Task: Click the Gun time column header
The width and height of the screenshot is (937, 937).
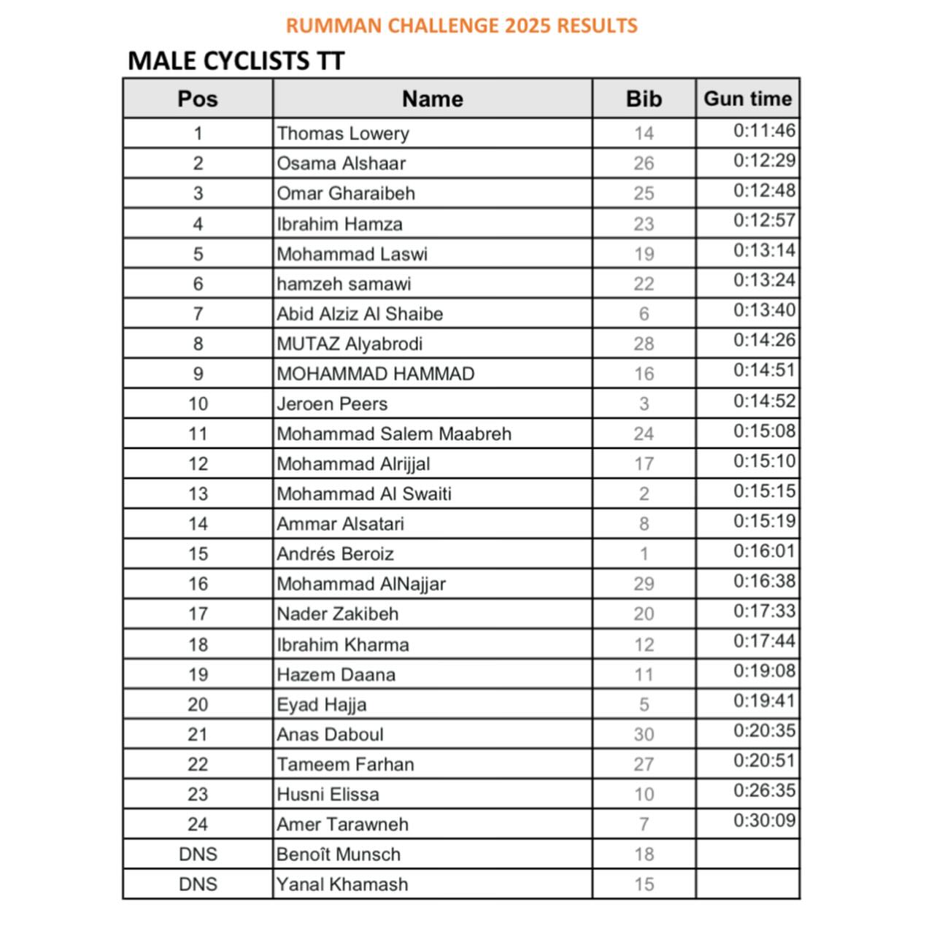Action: [x=747, y=99]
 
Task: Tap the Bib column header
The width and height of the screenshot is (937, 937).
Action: [x=644, y=99]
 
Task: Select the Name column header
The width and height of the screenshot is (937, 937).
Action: [x=432, y=99]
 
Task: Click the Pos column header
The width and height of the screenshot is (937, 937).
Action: [x=198, y=99]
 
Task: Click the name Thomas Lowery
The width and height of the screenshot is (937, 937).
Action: [x=343, y=134]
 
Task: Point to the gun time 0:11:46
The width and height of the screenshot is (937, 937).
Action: [x=764, y=131]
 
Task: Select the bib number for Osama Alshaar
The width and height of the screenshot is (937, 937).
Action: [x=644, y=163]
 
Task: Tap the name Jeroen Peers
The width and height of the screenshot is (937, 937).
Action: [x=332, y=404]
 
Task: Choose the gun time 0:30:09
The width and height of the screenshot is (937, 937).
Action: [x=764, y=820]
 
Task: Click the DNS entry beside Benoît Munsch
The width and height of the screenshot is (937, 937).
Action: [x=198, y=854]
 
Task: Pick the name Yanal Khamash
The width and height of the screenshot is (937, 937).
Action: [x=342, y=884]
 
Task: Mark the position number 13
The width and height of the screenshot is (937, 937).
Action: [x=198, y=493]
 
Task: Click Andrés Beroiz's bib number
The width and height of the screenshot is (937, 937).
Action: [x=644, y=554]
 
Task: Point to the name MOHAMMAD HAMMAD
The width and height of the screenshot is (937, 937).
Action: [x=375, y=374]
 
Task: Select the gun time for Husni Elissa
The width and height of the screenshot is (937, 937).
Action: [x=764, y=790]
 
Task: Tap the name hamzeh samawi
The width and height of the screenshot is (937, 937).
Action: [x=344, y=284]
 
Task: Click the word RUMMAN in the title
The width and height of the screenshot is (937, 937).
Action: [x=333, y=26]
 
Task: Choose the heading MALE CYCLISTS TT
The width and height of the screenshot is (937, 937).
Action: [x=236, y=61]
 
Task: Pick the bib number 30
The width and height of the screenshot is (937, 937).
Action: [x=644, y=734]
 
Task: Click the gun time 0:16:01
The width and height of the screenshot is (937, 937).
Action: [x=764, y=551]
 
